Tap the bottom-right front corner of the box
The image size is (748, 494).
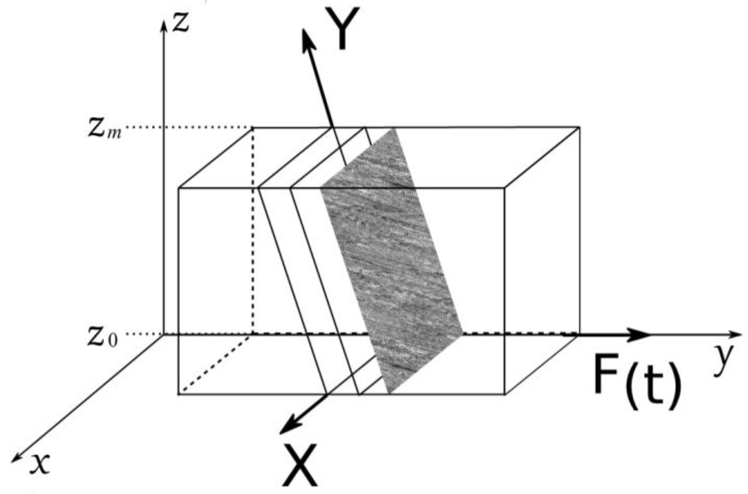click(x=505, y=394)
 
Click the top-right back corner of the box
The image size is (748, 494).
click(x=579, y=127)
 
